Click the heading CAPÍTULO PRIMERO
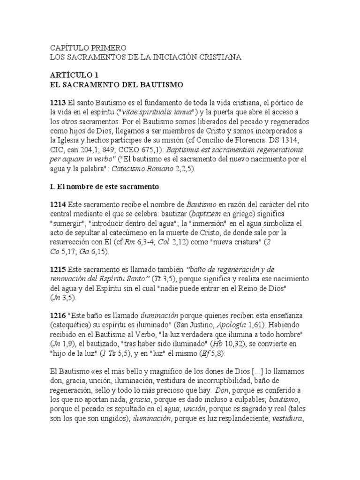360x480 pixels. pyautogui.click(x=88, y=48)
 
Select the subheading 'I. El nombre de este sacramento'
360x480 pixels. pyautogui.click(x=105, y=187)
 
